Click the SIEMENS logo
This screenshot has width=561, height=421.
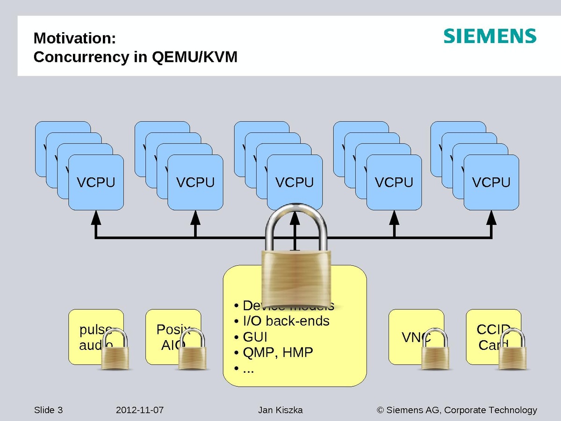coord(489,36)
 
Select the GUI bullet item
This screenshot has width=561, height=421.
coord(255,337)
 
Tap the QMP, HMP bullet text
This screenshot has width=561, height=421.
coord(278,352)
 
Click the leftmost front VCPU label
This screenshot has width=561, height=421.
coord(96,182)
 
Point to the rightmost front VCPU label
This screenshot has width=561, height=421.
coord(491,182)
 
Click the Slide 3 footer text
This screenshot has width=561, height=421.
coord(48,410)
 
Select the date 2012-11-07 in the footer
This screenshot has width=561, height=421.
coord(140,410)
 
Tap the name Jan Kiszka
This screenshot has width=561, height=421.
coord(280,410)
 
